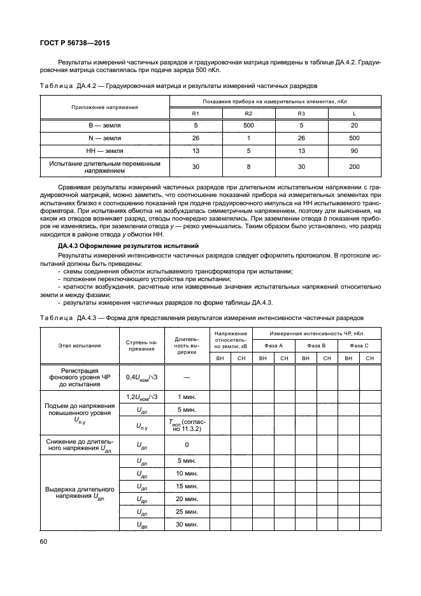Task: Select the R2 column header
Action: coord(248,113)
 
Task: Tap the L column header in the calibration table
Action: coord(354,113)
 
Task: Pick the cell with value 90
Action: coord(354,150)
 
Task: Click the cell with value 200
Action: coord(354,167)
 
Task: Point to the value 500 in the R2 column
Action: coord(248,125)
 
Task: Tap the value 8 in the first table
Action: coord(248,167)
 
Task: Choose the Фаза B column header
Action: coord(317,345)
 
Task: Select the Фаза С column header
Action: coord(359,345)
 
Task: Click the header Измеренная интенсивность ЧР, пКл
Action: coord(316,333)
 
